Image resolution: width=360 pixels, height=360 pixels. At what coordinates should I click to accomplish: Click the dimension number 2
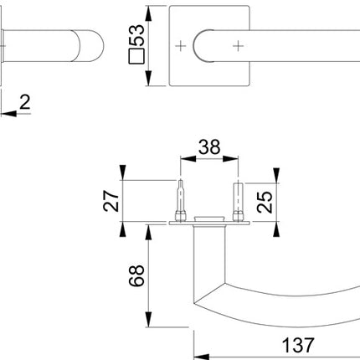[x=25, y=103]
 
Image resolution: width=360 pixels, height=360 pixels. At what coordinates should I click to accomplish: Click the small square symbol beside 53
[x=137, y=59]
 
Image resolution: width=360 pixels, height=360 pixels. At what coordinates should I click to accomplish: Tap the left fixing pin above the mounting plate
[x=180, y=202]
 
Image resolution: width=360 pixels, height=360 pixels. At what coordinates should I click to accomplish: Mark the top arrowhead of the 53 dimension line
[x=147, y=11]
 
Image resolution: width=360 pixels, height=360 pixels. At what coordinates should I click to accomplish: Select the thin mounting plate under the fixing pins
[x=210, y=224]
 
